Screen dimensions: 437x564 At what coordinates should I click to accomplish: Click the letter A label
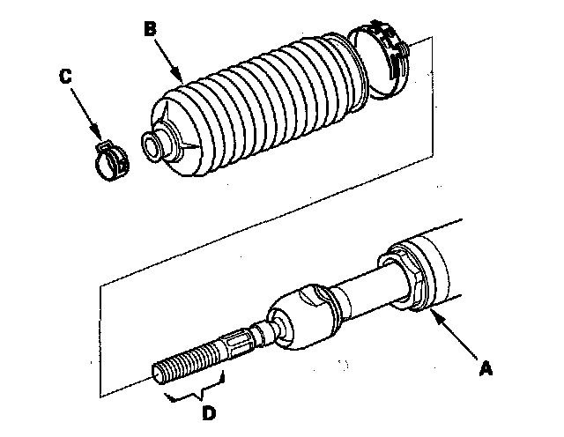(484, 371)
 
